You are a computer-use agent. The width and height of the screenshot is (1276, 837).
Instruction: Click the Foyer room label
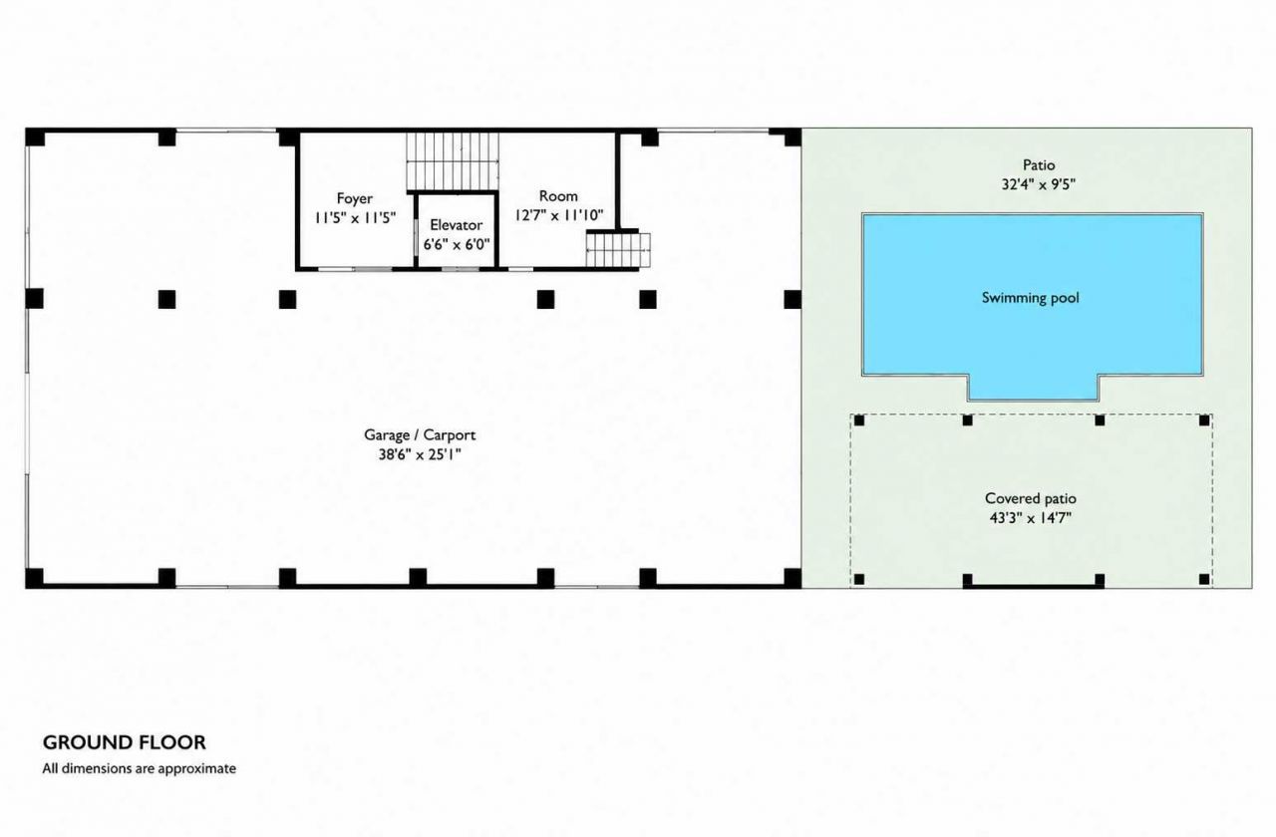[x=354, y=198]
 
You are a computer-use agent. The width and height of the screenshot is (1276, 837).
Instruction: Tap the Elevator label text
[x=456, y=224]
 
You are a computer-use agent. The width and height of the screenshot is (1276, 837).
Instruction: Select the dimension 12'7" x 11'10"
[x=558, y=215]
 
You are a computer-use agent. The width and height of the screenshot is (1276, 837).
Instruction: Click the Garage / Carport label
[x=420, y=435]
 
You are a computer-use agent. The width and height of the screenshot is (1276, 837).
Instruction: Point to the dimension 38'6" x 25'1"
[x=420, y=454]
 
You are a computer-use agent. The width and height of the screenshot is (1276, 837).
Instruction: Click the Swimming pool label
[x=1031, y=298]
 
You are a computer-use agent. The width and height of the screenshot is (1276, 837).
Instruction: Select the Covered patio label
[x=1031, y=498]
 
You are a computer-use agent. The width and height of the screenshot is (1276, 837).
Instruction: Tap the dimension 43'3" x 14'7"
[x=1031, y=518]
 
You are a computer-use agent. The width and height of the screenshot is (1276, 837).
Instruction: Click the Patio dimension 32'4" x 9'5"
[x=1039, y=184]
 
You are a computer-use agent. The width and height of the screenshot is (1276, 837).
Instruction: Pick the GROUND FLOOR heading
[x=125, y=742]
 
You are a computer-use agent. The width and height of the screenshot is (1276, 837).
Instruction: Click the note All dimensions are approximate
[x=139, y=768]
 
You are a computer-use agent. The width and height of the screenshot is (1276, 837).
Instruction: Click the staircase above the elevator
[x=453, y=161]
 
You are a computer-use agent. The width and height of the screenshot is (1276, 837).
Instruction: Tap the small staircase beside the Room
[x=619, y=250]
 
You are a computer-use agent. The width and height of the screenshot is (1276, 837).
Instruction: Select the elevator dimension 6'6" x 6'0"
[x=457, y=244]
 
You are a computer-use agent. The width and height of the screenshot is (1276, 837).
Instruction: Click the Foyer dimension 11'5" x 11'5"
[x=355, y=217]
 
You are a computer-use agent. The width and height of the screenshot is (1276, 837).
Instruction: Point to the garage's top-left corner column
[x=35, y=138]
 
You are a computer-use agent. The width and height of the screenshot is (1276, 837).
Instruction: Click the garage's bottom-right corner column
[x=793, y=578]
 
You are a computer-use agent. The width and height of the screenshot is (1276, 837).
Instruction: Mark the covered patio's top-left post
[x=859, y=420]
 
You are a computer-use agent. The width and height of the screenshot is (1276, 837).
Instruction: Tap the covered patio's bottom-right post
[x=1204, y=579]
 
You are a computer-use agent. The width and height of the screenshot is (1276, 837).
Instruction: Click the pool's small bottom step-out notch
[x=1033, y=388]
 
